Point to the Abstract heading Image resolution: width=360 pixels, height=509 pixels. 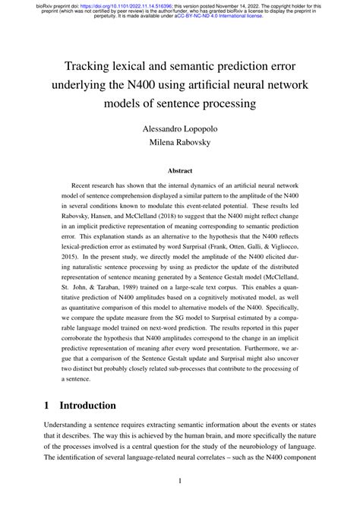(x=179, y=172)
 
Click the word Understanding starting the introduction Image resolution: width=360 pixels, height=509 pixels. (x=71, y=428)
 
